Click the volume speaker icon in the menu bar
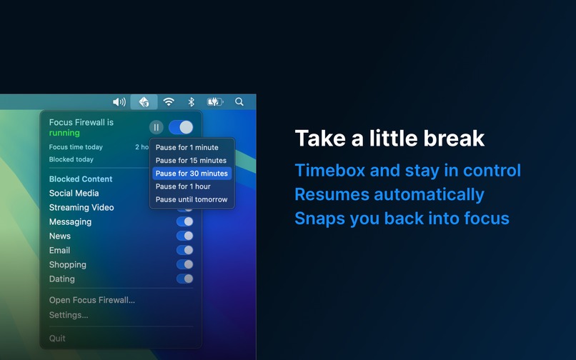coord(119,102)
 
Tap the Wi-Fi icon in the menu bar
coord(169,102)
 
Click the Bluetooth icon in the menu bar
coord(191,102)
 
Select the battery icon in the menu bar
coord(215,102)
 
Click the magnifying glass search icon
coord(239,102)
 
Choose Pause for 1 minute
coord(187,148)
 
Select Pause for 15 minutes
coord(191,161)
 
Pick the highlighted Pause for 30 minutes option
coord(192,174)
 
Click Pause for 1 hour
coord(183,186)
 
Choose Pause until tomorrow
coord(192,199)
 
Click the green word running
coord(64,133)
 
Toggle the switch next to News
coord(184,236)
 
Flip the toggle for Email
coord(184,250)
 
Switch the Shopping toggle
coord(184,264)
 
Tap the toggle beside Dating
coord(184,279)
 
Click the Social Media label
coord(74,193)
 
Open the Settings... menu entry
coord(69,315)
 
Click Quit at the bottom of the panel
coord(57,338)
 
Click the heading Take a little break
coord(389,138)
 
